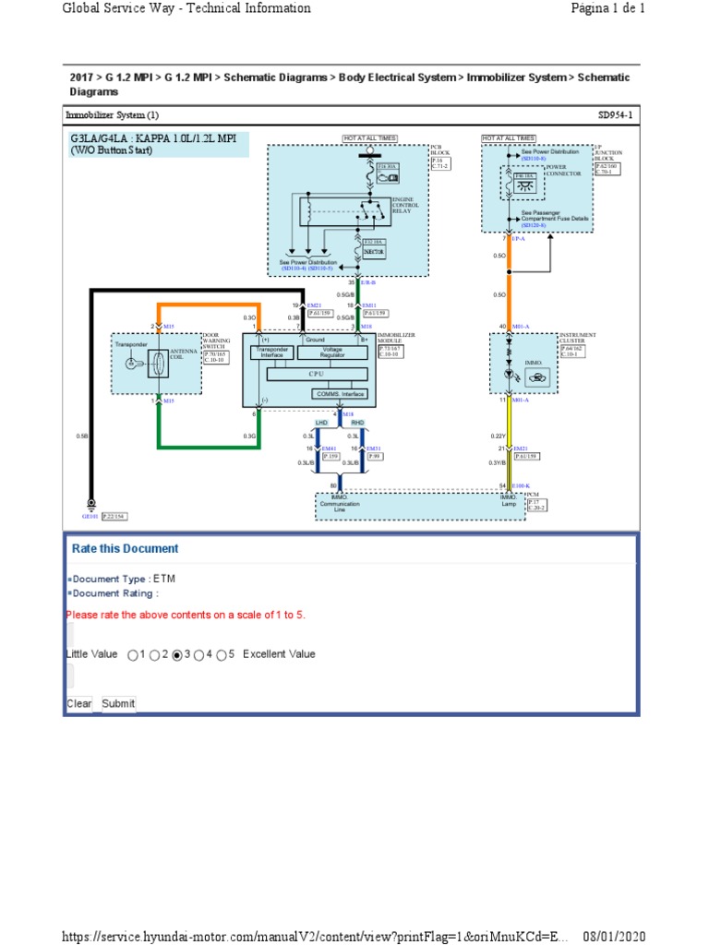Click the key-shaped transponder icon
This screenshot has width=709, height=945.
click(131, 364)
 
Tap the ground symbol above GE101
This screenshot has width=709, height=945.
click(90, 503)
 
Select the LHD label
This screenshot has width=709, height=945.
click(322, 422)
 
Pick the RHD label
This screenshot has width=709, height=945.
click(358, 422)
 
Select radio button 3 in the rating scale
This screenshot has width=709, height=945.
click(177, 655)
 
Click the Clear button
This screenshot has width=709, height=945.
click(79, 703)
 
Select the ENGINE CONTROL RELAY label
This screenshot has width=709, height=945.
click(404, 205)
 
